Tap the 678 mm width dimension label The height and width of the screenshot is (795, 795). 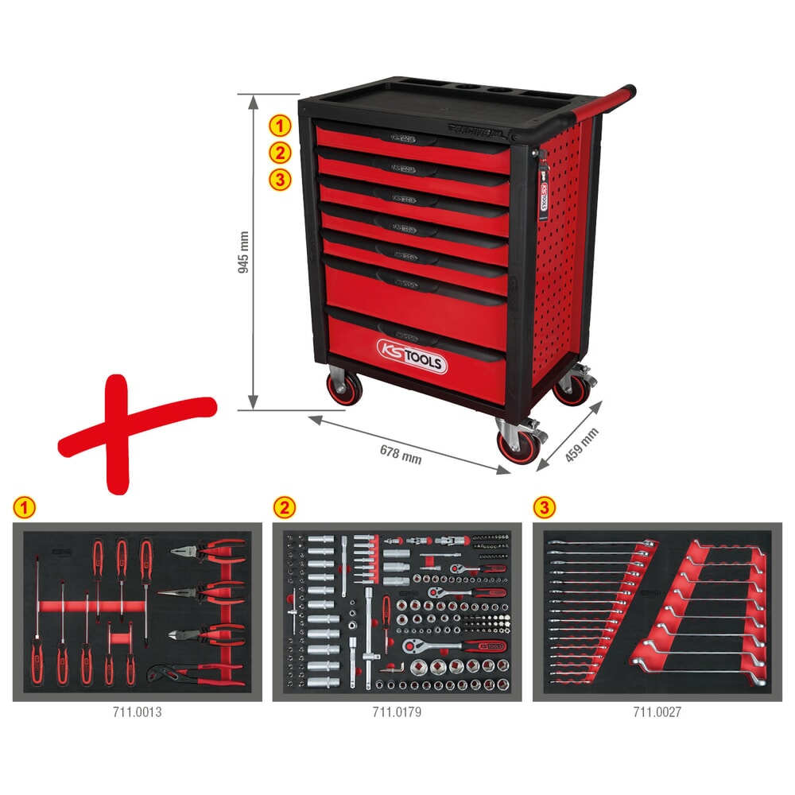pos(401,452)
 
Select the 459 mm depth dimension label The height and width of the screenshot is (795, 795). pos(580,447)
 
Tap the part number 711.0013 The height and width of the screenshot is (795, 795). pos(137,712)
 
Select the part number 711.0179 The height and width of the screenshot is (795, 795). pos(397,712)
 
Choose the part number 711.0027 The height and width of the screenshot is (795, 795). pos(657,712)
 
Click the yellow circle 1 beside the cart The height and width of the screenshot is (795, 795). pos(279,125)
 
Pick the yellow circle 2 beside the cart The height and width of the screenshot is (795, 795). pos(279,153)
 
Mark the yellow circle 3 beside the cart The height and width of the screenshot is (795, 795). pos(279,180)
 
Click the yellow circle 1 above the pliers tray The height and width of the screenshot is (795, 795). pos(23,506)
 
